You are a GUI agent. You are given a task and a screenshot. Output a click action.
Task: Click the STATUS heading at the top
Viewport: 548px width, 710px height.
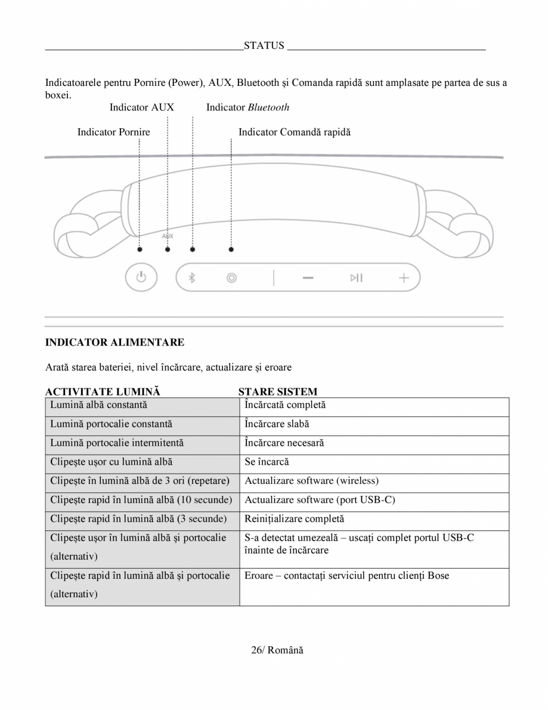click(x=264, y=47)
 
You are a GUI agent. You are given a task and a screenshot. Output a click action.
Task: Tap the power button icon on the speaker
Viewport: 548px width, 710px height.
click(x=140, y=277)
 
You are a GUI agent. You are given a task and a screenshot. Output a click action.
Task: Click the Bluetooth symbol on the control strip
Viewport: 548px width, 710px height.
click(x=192, y=277)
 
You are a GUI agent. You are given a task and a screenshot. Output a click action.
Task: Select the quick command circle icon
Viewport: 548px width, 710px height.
click(x=231, y=277)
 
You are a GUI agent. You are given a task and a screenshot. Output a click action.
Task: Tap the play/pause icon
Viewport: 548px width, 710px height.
click(x=357, y=277)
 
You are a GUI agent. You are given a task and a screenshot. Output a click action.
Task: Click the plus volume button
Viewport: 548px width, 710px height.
click(x=404, y=277)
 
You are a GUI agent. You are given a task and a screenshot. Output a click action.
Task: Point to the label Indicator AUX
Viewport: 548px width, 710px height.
click(x=142, y=107)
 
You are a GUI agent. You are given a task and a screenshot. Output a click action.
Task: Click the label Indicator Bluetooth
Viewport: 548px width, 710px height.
click(x=247, y=107)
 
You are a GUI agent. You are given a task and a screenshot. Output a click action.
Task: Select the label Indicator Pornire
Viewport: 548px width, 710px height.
click(x=113, y=132)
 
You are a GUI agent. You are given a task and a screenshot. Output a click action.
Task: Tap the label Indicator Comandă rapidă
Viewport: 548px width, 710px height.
click(x=295, y=132)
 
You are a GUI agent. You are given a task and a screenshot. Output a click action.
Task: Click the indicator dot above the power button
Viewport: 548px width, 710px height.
click(x=140, y=249)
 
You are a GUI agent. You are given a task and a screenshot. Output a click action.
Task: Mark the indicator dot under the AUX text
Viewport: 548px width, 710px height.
click(x=168, y=249)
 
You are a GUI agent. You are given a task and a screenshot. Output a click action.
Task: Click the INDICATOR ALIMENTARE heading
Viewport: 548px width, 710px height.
click(x=115, y=342)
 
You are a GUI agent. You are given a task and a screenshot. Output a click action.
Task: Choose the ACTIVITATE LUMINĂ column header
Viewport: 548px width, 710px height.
click(x=103, y=392)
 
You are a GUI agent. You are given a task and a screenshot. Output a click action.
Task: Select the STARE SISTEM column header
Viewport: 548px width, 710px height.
click(x=278, y=392)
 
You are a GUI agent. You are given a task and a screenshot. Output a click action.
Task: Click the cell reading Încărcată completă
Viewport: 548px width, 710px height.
click(x=285, y=406)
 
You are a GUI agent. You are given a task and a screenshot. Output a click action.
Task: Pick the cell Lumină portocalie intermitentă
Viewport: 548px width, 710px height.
click(x=117, y=443)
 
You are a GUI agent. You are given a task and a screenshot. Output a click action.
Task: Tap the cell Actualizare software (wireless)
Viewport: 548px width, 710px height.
click(x=311, y=481)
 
